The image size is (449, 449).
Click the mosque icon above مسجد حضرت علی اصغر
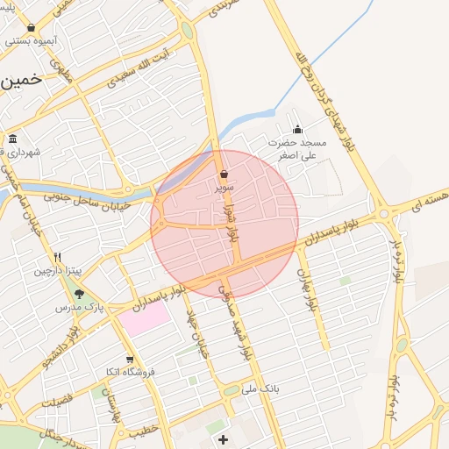297,130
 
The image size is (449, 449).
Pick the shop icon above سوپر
224,174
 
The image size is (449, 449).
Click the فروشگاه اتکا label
128,372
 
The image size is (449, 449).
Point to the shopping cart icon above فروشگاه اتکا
130,359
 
